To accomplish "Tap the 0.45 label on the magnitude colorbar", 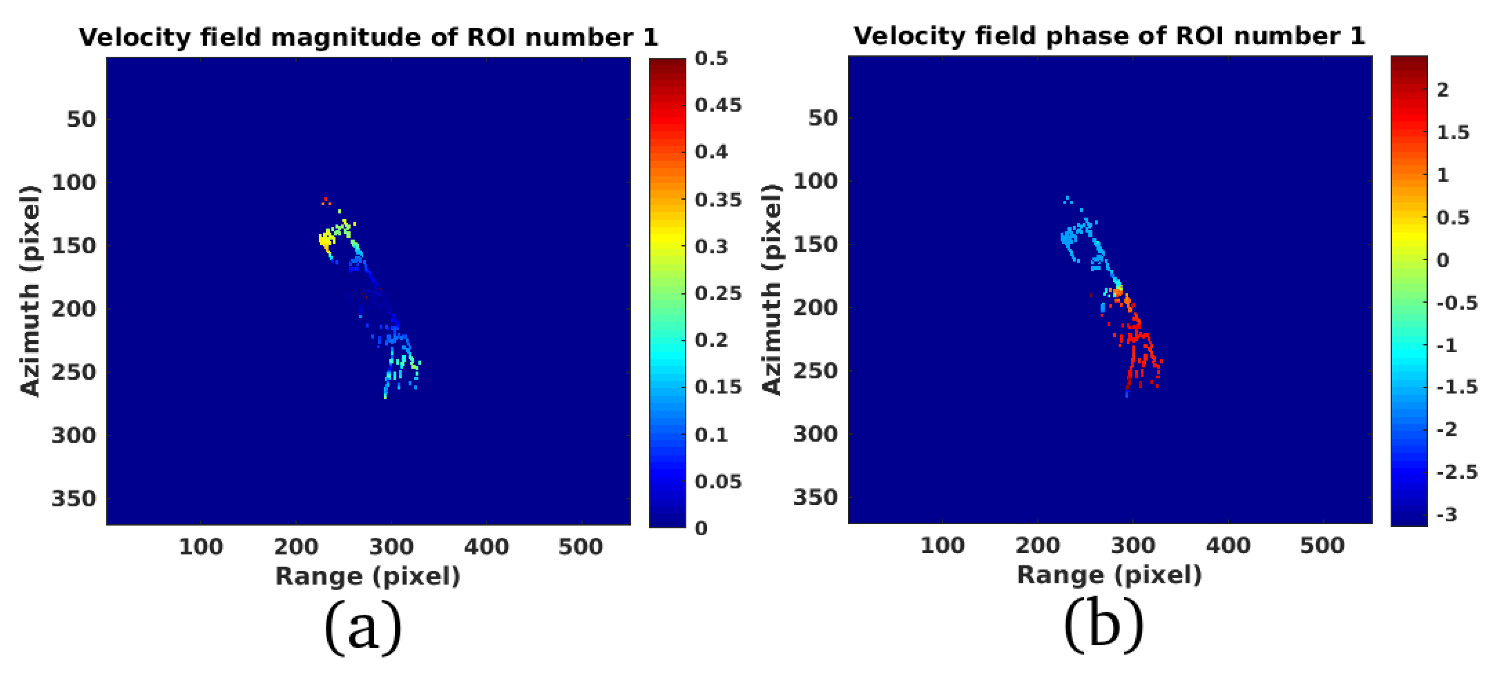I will (x=718, y=105).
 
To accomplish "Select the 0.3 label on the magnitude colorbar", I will (x=711, y=247).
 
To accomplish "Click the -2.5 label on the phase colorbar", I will (x=1457, y=472).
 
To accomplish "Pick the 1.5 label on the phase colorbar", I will (x=1453, y=133).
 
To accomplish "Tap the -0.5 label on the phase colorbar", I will (x=1457, y=303).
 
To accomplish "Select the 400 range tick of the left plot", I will (x=486, y=547).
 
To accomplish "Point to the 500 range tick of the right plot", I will (x=1322, y=546).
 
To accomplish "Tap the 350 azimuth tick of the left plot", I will (x=74, y=499).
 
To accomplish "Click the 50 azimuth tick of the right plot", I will (x=823, y=118).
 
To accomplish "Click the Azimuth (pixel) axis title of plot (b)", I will (x=772, y=290).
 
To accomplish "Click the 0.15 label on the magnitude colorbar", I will (x=718, y=387).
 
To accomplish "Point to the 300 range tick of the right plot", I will (x=1132, y=546).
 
